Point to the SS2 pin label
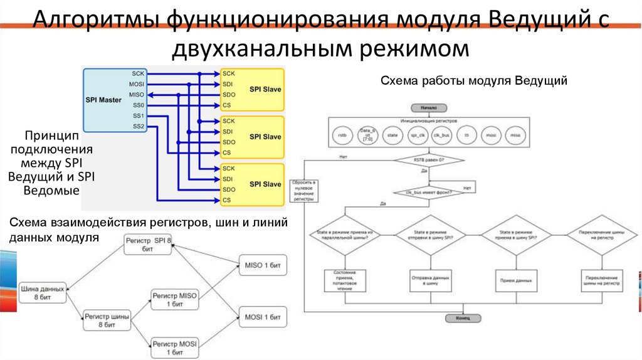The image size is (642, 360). (x=139, y=127)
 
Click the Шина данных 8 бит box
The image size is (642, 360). (x=42, y=292)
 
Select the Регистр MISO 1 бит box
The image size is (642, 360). (x=174, y=299)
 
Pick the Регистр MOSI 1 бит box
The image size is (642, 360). (x=174, y=347)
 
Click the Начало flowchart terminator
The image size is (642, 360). (x=429, y=108)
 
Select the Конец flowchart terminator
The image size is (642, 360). (x=463, y=318)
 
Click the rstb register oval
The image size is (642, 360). (x=342, y=135)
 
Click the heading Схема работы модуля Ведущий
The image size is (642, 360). (x=474, y=80)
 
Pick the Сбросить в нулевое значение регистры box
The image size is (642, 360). (x=304, y=190)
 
